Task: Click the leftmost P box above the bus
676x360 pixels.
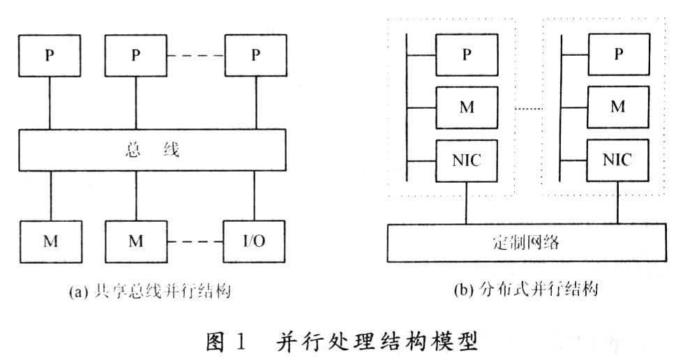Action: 49,56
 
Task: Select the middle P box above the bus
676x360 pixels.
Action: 135,56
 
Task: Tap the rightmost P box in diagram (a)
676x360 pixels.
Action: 255,56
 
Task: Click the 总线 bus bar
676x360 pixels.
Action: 152,150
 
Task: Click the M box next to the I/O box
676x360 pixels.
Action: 135,242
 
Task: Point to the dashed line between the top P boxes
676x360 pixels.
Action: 195,56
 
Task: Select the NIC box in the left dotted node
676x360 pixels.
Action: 466,160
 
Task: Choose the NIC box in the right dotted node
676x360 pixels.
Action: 617,160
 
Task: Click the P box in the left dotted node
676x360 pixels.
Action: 466,54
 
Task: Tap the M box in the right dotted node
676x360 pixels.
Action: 617,107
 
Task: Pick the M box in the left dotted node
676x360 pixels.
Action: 466,107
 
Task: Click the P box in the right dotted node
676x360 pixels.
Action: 617,54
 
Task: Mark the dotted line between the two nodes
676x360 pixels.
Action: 528,107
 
